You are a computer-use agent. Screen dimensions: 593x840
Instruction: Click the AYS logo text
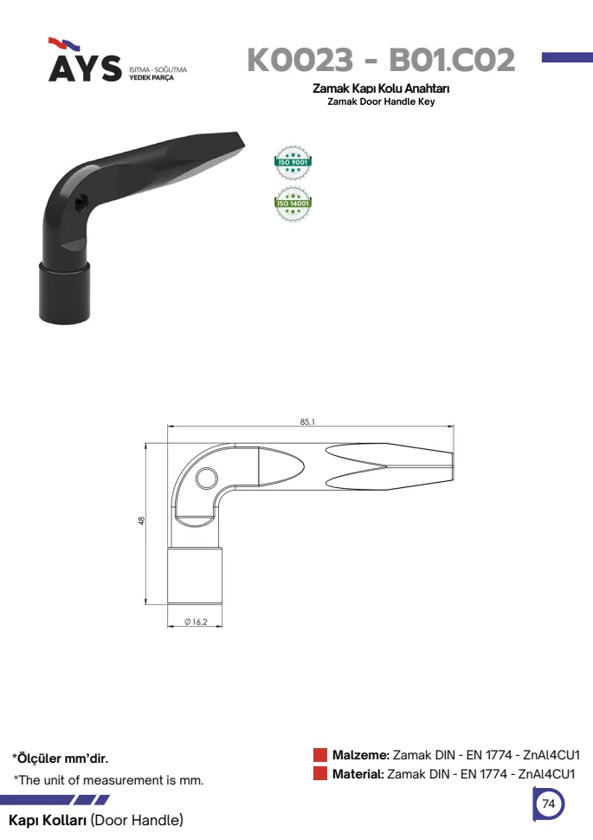point(85,68)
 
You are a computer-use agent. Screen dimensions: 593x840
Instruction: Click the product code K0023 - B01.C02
point(381,60)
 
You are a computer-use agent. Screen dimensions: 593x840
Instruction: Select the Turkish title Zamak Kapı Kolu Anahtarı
point(381,88)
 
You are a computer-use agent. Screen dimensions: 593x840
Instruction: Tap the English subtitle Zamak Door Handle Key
point(381,101)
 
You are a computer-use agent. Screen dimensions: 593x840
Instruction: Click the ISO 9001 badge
point(293,162)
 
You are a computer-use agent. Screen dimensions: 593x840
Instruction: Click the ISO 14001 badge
point(293,204)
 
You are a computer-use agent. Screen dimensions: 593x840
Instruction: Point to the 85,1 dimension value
point(307,421)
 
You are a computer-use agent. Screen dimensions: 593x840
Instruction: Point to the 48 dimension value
point(141,520)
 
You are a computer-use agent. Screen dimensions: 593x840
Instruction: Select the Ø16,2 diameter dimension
point(196,622)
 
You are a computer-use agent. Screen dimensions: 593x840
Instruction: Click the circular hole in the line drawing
point(207,479)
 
